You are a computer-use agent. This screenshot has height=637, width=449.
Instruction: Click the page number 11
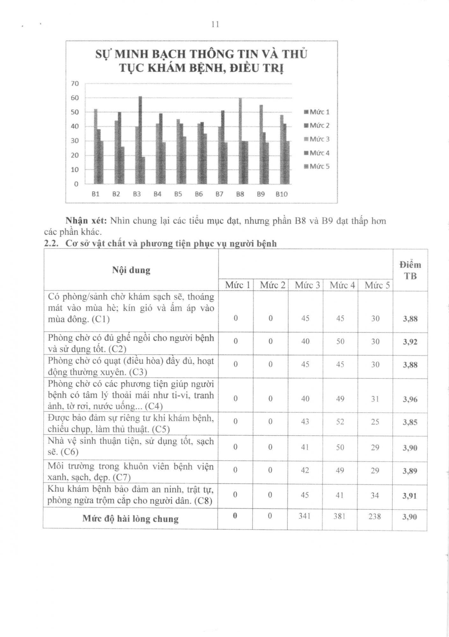click(x=215, y=24)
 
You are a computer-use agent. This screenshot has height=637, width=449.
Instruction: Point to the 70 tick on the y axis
click(x=75, y=84)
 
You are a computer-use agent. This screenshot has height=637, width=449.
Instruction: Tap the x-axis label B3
click(x=137, y=194)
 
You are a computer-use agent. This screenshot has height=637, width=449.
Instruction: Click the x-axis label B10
click(x=281, y=194)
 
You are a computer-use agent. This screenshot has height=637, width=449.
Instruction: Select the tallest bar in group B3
click(x=140, y=140)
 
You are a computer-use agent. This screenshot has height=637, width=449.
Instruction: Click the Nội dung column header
click(x=131, y=270)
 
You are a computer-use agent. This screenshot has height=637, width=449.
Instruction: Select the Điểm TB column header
click(x=410, y=270)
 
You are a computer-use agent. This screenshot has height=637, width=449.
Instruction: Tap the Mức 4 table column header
click(x=342, y=285)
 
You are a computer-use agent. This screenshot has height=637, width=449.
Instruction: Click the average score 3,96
click(x=410, y=399)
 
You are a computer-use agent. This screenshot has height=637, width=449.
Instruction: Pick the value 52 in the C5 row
click(x=340, y=422)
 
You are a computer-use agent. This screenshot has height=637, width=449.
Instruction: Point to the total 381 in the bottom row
click(x=339, y=516)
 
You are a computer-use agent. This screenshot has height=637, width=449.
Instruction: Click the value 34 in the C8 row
click(x=375, y=495)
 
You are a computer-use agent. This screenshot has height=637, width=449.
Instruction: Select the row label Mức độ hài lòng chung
click(x=130, y=519)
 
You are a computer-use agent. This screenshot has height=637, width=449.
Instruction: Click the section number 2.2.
click(x=50, y=244)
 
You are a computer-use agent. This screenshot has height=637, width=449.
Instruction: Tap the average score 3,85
click(x=410, y=422)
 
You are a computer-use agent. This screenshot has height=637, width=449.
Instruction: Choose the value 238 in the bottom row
click(x=374, y=516)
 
